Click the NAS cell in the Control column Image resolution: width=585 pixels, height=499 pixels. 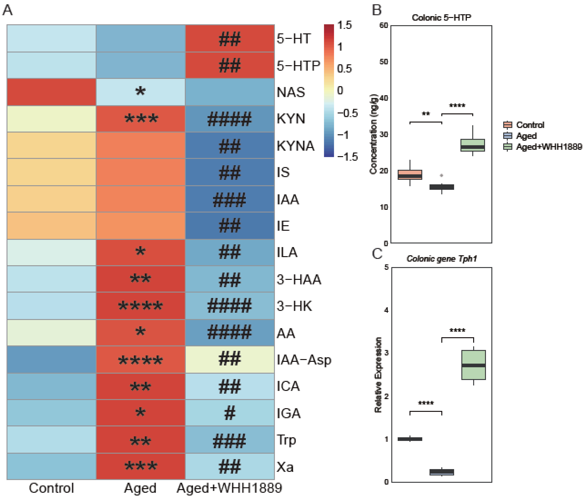coord(51,92)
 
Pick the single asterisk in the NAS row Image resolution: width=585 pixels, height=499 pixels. coord(140,92)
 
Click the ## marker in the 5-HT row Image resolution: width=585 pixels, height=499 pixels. coord(229,39)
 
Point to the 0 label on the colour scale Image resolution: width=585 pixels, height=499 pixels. coord(340,90)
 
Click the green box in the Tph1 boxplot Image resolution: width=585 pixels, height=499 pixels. coord(474,365)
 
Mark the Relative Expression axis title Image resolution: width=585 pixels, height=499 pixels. coord(378,375)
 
